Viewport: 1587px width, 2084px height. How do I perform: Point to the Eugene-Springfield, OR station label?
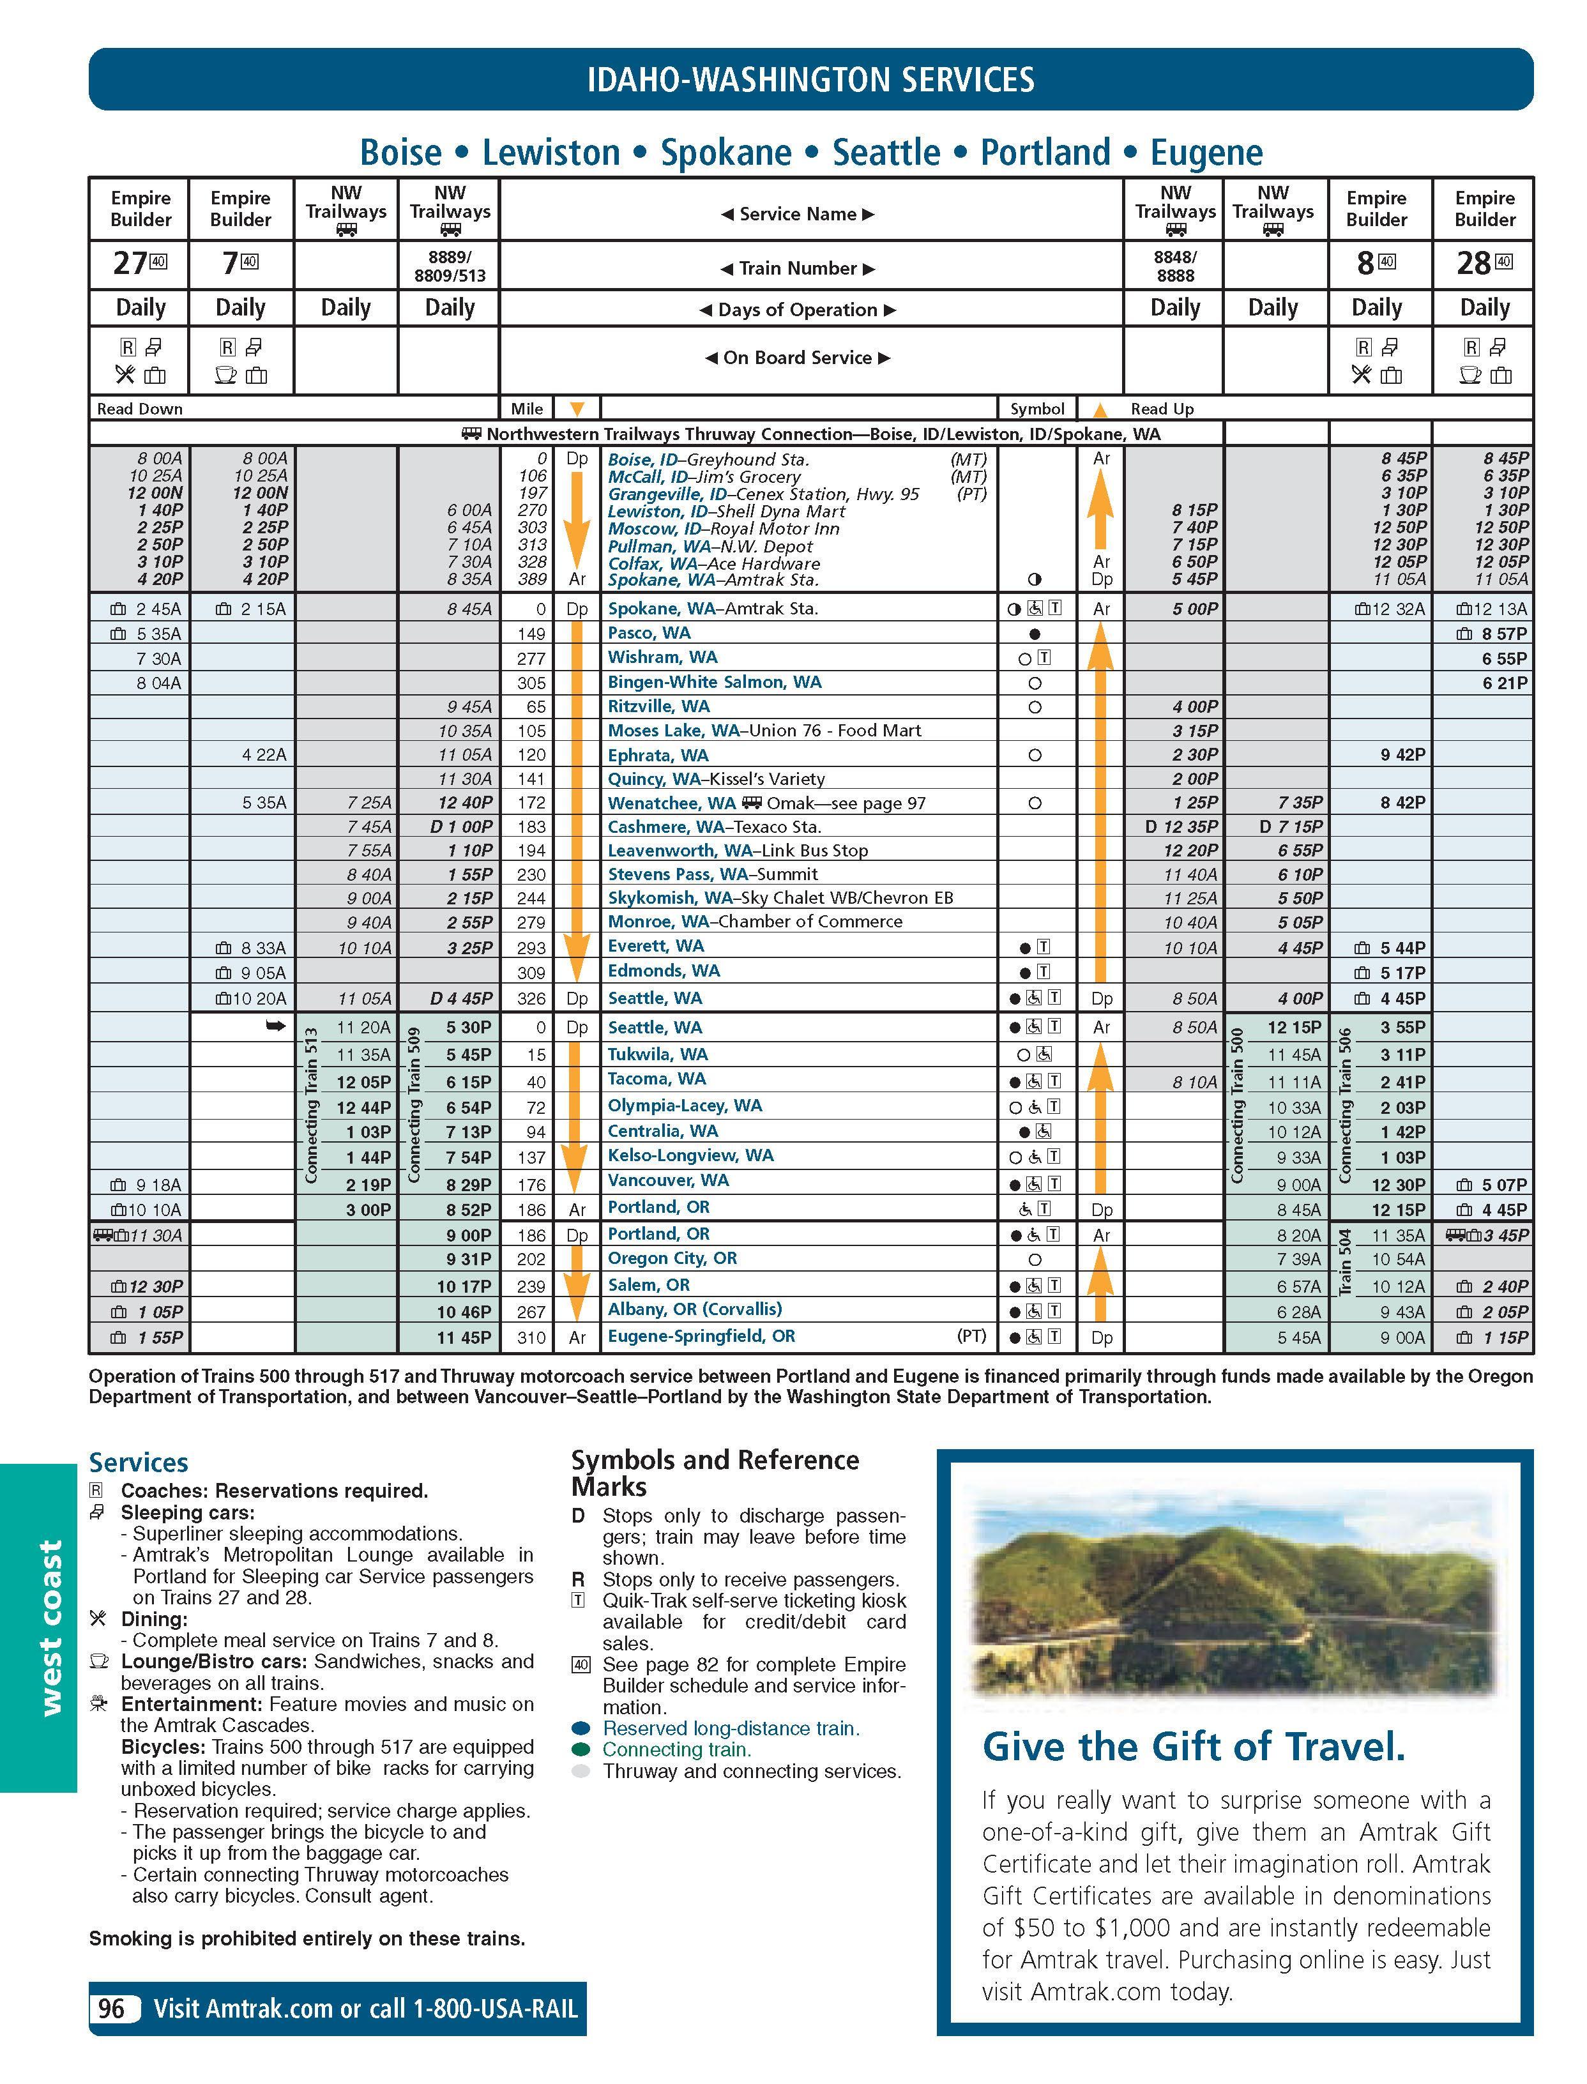701,1336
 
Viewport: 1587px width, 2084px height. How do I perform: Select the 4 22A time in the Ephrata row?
264,755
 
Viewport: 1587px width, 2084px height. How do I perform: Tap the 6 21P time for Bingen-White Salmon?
1504,682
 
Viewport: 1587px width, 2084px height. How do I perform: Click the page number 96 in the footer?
112,2009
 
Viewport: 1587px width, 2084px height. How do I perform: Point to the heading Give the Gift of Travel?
1194,1746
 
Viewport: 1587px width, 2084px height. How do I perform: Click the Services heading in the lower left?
138,1463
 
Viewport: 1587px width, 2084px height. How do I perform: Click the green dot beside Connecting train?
581,1749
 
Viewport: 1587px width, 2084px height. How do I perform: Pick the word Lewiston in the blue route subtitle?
551,152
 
